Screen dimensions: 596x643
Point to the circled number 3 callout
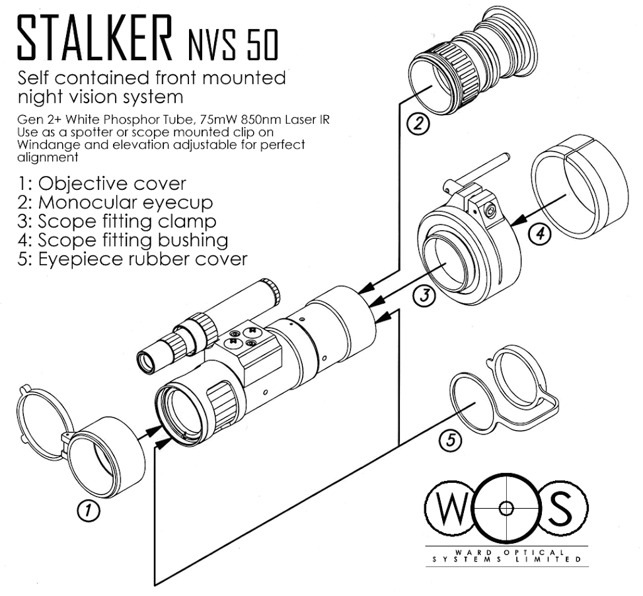[x=424, y=295]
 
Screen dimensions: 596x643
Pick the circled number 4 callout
[x=540, y=234]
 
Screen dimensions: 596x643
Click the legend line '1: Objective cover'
[x=102, y=183]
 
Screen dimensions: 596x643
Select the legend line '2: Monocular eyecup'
[x=115, y=202]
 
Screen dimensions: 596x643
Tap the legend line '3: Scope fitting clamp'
[x=117, y=220]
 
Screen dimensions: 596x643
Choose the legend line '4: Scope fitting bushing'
[x=124, y=239]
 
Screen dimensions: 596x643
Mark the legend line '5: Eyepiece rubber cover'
[x=133, y=258]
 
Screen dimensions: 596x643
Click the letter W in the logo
[x=452, y=508]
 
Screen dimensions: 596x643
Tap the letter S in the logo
[x=560, y=508]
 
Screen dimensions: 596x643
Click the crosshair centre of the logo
[x=506, y=508]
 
